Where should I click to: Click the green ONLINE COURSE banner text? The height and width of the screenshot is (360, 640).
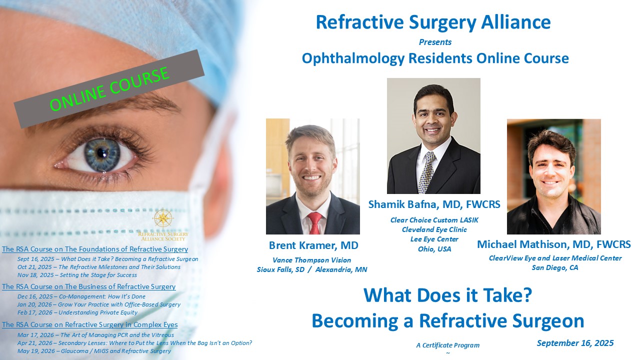point(109,89)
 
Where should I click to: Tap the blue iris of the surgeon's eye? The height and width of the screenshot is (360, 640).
point(102,154)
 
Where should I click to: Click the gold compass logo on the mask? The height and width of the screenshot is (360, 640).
point(163,218)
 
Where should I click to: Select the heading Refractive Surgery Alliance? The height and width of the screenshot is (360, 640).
point(433,22)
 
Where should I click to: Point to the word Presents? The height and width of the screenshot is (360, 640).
point(435,42)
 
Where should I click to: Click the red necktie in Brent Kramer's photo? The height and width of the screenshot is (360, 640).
point(314,223)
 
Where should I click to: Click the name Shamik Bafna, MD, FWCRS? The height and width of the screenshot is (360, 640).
point(434,204)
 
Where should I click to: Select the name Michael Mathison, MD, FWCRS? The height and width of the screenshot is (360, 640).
point(554,244)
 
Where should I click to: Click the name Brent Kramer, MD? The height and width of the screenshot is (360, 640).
point(313,245)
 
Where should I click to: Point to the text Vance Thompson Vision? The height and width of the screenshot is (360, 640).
point(311,260)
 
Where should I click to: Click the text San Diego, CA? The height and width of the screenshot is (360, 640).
point(555,267)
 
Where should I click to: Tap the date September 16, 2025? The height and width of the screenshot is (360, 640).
point(575,343)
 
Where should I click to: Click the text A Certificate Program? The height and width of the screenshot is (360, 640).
point(447,345)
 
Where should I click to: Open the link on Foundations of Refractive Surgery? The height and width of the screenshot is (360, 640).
point(95,249)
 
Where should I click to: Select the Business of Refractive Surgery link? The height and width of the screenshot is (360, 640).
point(89,286)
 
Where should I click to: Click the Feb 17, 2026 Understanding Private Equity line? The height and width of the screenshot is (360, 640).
point(77,312)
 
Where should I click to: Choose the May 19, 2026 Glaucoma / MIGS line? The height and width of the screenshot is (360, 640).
point(94,351)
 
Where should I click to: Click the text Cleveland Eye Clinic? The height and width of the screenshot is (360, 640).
point(434,229)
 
